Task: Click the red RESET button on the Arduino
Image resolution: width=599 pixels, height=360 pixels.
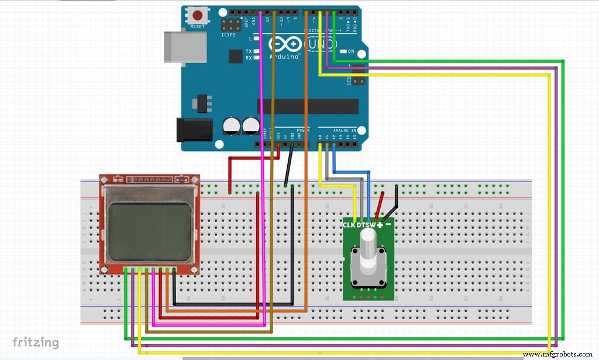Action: (198, 15)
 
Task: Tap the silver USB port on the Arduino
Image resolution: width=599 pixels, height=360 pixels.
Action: (185, 46)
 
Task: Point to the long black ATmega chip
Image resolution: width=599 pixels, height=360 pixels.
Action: (308, 106)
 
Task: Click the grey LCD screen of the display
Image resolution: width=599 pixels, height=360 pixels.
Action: (150, 231)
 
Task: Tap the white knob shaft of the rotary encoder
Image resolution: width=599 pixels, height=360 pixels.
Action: (369, 246)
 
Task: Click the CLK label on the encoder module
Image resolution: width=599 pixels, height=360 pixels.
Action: (349, 225)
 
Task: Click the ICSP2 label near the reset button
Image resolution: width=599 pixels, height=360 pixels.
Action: (229, 35)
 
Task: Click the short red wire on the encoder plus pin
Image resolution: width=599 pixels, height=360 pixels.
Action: (379, 205)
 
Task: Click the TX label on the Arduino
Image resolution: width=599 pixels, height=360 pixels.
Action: (249, 51)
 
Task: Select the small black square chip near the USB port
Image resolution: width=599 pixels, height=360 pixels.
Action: (236, 56)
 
